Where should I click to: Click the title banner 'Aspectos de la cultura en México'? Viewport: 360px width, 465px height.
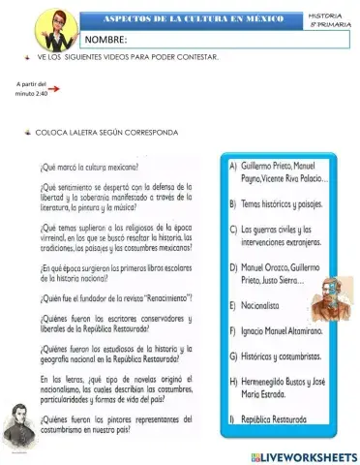193,19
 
